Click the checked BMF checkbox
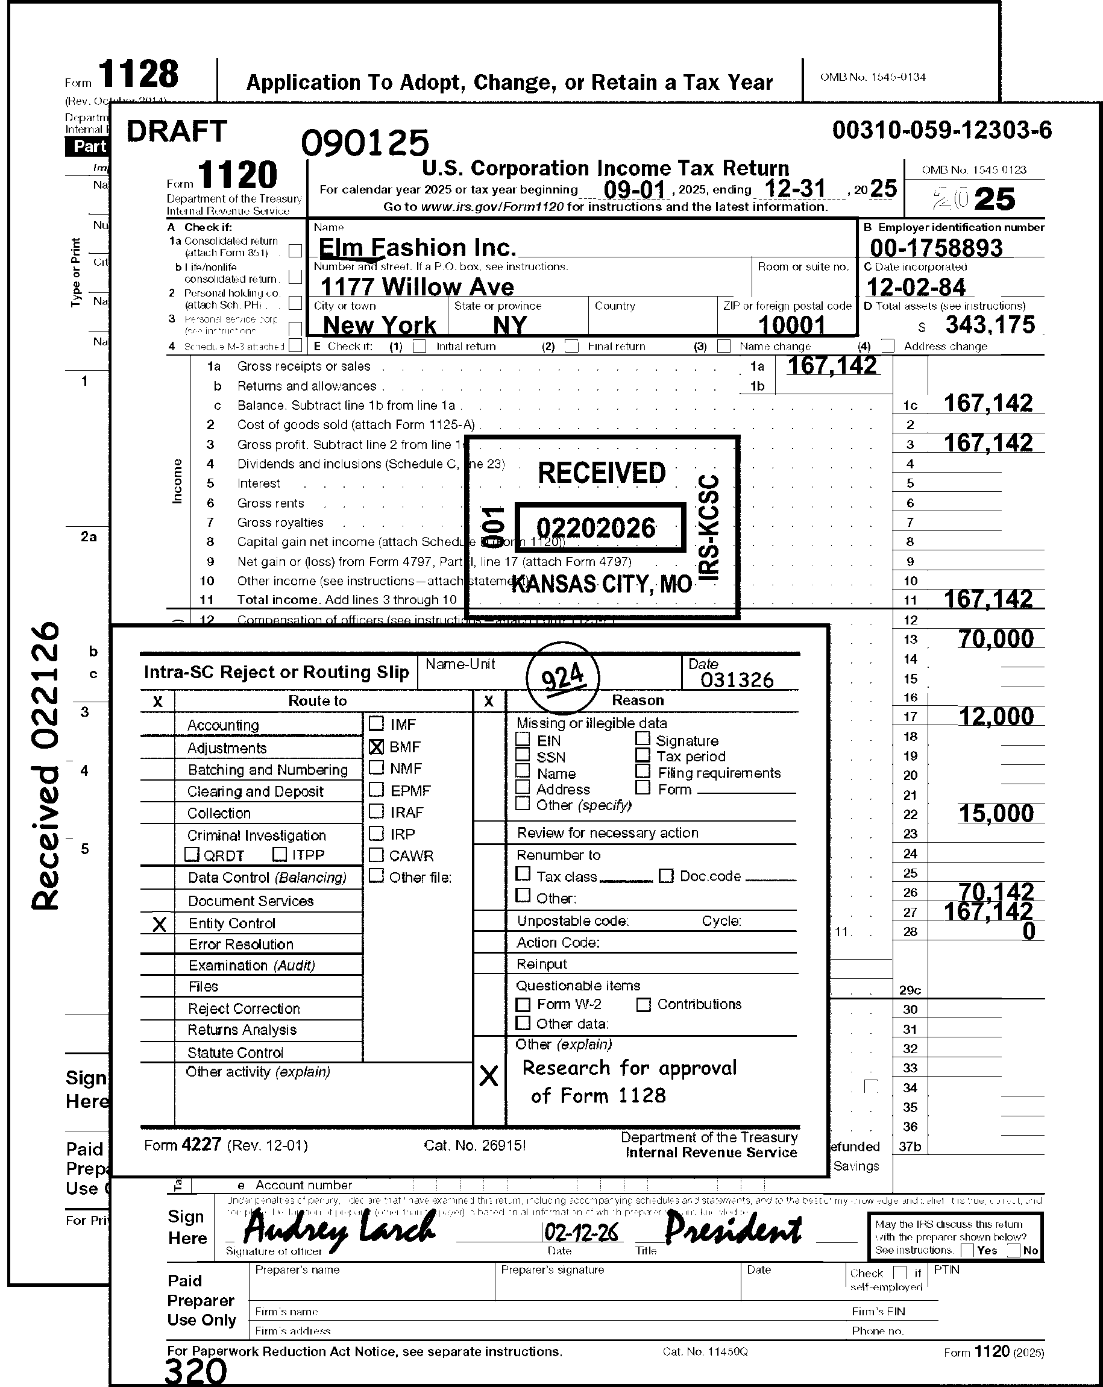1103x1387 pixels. coord(377,747)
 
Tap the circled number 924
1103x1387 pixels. coord(563,678)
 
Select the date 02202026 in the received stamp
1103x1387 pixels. coord(596,528)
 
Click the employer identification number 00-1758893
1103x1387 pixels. coord(936,248)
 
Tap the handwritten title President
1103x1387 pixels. coord(733,1230)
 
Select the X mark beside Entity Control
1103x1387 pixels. coord(160,925)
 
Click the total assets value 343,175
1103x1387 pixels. coord(990,325)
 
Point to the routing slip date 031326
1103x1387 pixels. coord(737,680)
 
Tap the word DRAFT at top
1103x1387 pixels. coord(177,131)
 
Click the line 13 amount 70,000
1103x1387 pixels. coord(996,639)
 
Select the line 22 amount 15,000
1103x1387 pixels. coord(996,814)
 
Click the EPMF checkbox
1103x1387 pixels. coord(377,790)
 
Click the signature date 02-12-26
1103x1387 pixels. coord(582,1233)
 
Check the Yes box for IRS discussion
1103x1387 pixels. coord(967,1250)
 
